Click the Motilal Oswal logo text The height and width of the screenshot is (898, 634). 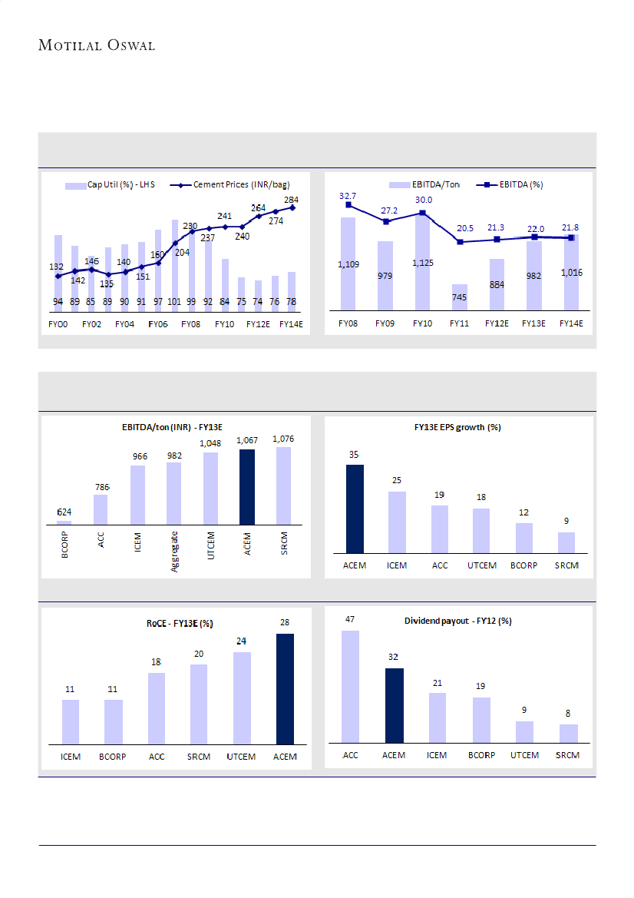(x=97, y=45)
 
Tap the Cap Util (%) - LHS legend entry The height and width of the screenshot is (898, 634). (x=111, y=184)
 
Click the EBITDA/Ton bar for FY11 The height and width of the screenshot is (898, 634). (x=459, y=297)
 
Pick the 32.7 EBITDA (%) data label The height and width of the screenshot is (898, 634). (x=348, y=196)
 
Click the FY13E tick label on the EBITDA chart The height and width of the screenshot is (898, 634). (x=533, y=323)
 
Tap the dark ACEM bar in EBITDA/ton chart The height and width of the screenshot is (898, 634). (x=246, y=486)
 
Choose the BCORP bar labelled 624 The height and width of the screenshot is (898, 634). (x=64, y=522)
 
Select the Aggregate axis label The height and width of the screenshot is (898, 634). (x=174, y=551)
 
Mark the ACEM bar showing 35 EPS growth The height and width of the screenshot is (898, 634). (x=355, y=509)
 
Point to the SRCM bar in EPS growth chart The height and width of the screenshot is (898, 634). (x=566, y=542)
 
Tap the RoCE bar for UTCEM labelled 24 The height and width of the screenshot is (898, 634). (x=242, y=698)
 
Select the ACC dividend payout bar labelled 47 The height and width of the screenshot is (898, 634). (x=350, y=687)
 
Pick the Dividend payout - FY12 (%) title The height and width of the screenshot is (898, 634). (x=458, y=621)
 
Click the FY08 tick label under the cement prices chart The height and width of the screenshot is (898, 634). (x=190, y=323)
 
